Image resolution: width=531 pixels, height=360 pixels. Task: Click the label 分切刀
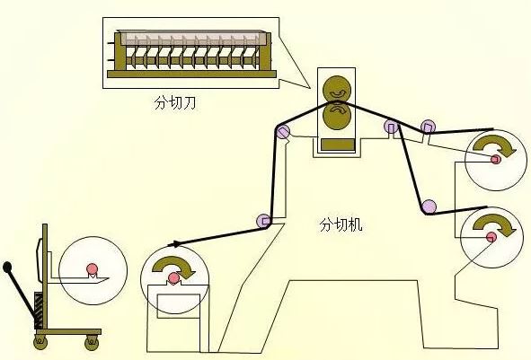coord(174,103)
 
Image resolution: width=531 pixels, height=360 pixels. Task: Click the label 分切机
coord(341,225)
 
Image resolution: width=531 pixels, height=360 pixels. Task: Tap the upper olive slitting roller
coord(337,88)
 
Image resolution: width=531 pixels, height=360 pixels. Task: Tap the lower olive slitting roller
coord(337,116)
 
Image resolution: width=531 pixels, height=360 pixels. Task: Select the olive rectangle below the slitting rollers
coord(338,145)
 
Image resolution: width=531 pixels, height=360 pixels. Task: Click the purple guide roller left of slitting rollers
coord(282,131)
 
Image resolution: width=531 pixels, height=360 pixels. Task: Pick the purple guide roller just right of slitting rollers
coord(391,127)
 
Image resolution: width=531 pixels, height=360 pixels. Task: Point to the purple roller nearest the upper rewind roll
coord(428,127)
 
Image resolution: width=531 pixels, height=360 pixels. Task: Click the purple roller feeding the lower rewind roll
coord(429,206)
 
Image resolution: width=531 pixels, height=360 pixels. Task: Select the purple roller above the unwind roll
coord(263,221)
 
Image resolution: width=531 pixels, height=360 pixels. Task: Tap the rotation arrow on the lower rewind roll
coord(494,225)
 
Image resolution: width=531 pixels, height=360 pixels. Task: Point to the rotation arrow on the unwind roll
coord(173,266)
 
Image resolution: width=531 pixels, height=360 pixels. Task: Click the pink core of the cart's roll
coord(92,268)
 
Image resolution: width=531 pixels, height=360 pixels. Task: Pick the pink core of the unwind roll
coord(173,277)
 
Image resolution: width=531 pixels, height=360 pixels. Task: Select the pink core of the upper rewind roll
coord(496,159)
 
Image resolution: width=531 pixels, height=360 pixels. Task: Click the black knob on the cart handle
coord(7,267)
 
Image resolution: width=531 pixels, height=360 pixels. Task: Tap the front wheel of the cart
coord(92,342)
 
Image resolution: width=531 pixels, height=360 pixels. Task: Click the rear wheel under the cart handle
coord(40,342)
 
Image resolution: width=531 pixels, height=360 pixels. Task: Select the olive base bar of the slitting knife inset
coord(191,75)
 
